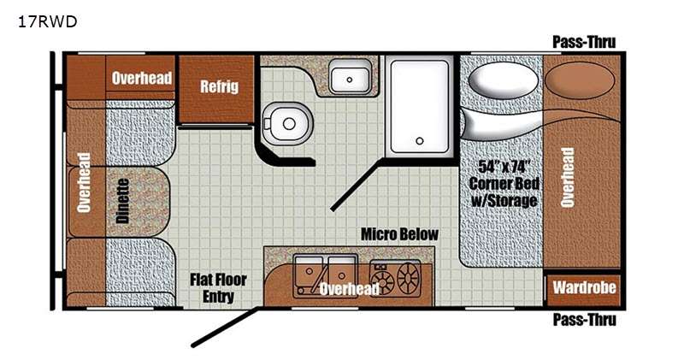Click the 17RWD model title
[x=47, y=21]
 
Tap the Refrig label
[x=220, y=86]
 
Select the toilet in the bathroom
[x=287, y=123]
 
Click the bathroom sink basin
[x=350, y=77]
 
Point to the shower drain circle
[x=420, y=141]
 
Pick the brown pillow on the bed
[x=580, y=80]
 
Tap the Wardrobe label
[x=584, y=287]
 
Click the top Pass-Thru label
[x=584, y=42]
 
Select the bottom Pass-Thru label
[x=585, y=320]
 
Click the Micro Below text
[x=399, y=234]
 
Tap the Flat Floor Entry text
[x=218, y=287]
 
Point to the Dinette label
[x=123, y=201]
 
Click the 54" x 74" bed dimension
[x=504, y=166]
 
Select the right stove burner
[x=408, y=278]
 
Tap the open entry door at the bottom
[x=226, y=327]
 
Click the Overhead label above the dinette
[x=142, y=78]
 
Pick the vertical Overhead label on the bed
[x=567, y=177]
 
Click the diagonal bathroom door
[x=357, y=185]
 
